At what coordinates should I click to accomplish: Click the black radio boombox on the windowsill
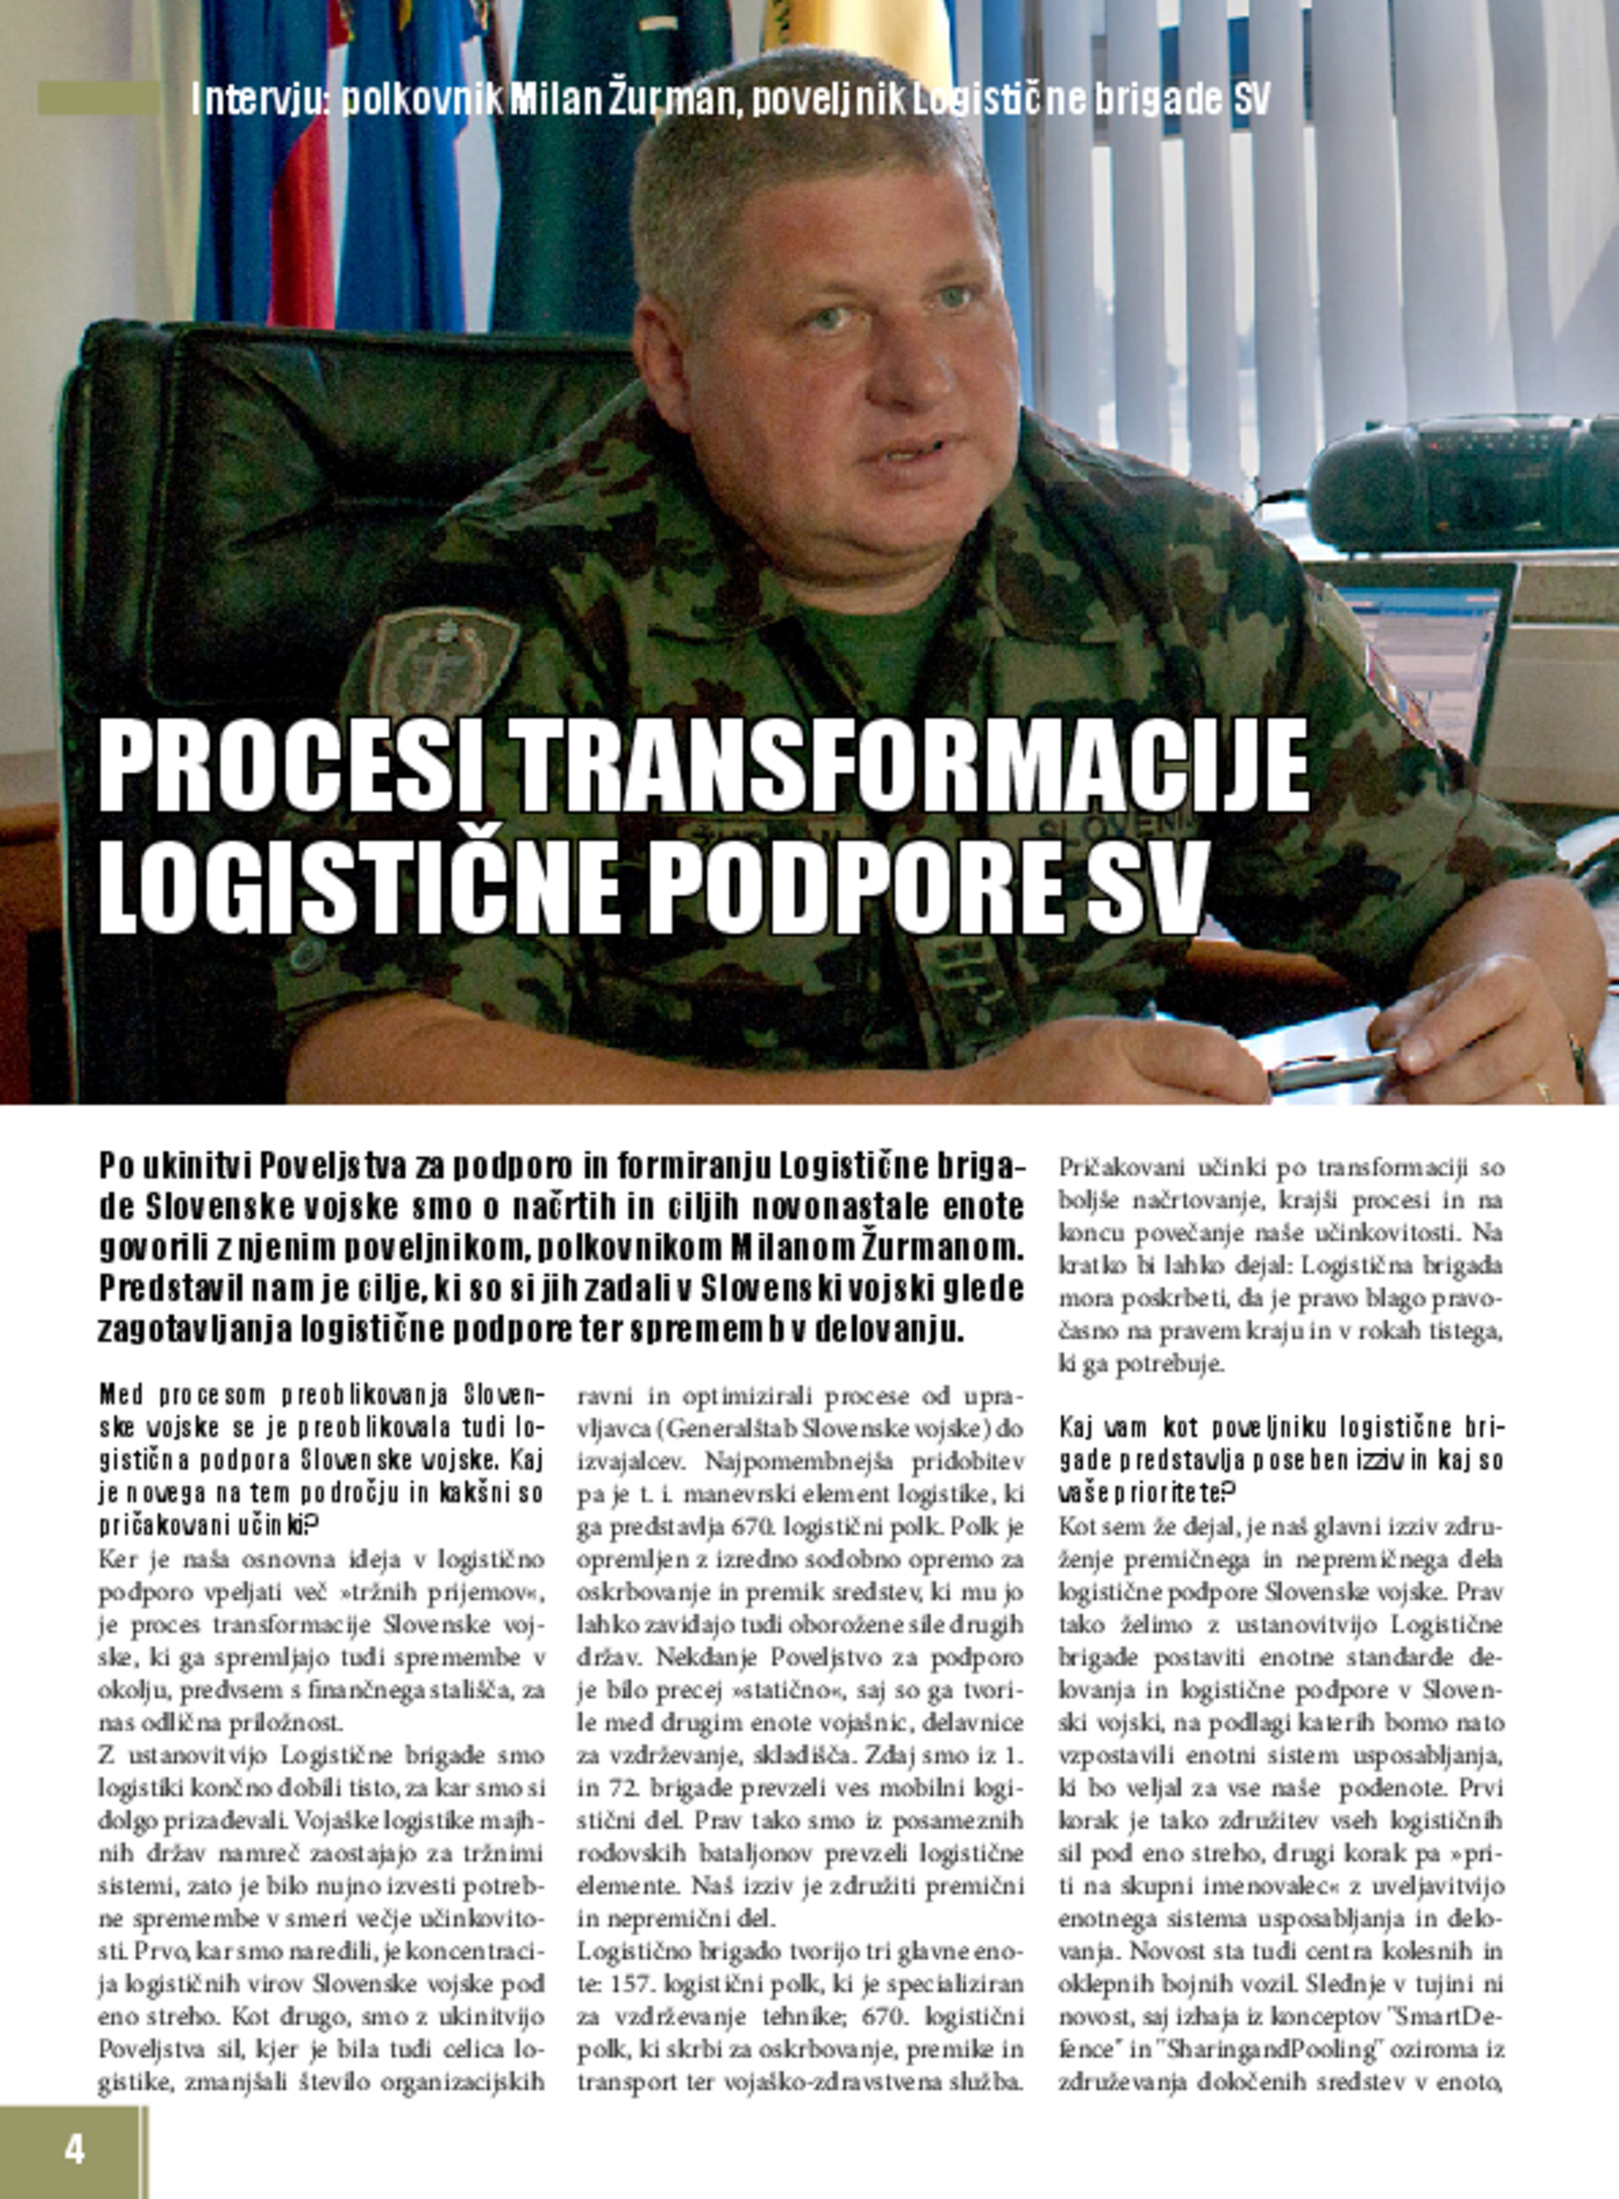[1460, 482]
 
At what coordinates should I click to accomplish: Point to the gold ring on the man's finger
[1541, 1091]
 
